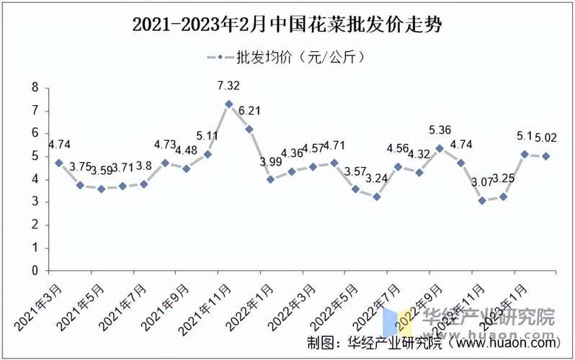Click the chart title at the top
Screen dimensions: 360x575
pyautogui.click(x=287, y=25)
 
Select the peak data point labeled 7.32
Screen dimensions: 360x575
pyautogui.click(x=228, y=104)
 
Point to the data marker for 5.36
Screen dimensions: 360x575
pyautogui.click(x=439, y=148)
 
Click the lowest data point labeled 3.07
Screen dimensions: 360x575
pyautogui.click(x=481, y=201)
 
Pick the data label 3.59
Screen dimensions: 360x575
pyautogui.click(x=101, y=171)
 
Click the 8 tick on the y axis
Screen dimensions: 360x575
pyautogui.click(x=35, y=88)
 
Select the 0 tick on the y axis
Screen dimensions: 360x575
pyautogui.click(x=35, y=271)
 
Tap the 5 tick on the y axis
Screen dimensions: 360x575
pyautogui.click(x=35, y=156)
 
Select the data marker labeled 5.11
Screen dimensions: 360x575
pyautogui.click(x=208, y=154)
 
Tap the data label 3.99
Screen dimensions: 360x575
pyautogui.click(x=271, y=163)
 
